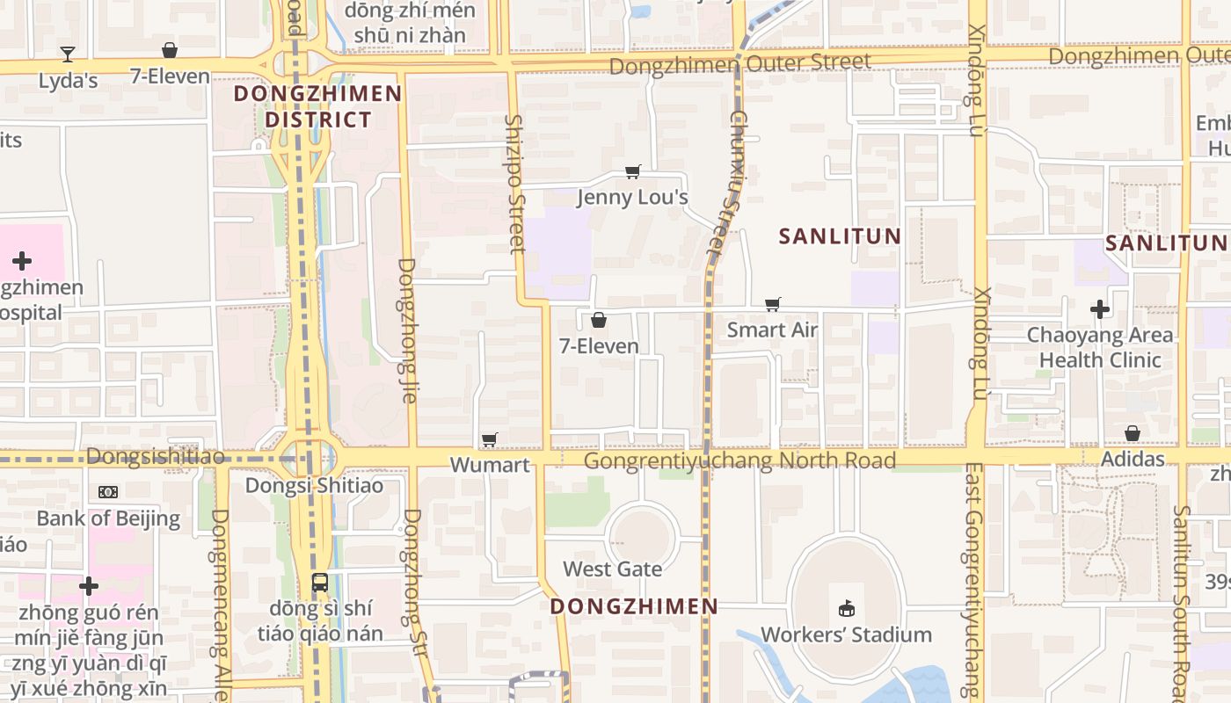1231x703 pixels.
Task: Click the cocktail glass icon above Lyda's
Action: pyautogui.click(x=68, y=54)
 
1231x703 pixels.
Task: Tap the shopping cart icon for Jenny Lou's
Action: pyautogui.click(x=632, y=171)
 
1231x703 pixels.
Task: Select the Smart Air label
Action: pyautogui.click(x=772, y=330)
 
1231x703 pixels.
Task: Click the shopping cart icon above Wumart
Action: pyautogui.click(x=490, y=439)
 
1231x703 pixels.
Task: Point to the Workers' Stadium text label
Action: pyautogui.click(x=846, y=634)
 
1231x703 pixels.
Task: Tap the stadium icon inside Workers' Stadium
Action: pyautogui.click(x=847, y=608)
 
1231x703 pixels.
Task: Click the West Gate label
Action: pyautogui.click(x=612, y=569)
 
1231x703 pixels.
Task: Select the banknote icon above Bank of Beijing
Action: pyautogui.click(x=108, y=492)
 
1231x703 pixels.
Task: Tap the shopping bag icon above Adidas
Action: pyautogui.click(x=1133, y=433)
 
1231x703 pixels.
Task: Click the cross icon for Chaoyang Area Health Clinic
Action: pyautogui.click(x=1099, y=309)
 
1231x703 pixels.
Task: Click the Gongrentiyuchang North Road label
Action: pyautogui.click(x=739, y=461)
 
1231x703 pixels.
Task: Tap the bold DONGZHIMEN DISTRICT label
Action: pyautogui.click(x=318, y=106)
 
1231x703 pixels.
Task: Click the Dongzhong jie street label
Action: pyautogui.click(x=407, y=330)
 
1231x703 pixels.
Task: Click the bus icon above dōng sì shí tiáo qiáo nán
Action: pyautogui.click(x=320, y=582)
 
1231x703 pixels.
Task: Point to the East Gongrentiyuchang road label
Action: pyautogui.click(x=972, y=580)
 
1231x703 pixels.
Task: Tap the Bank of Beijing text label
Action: pyautogui.click(x=108, y=518)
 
